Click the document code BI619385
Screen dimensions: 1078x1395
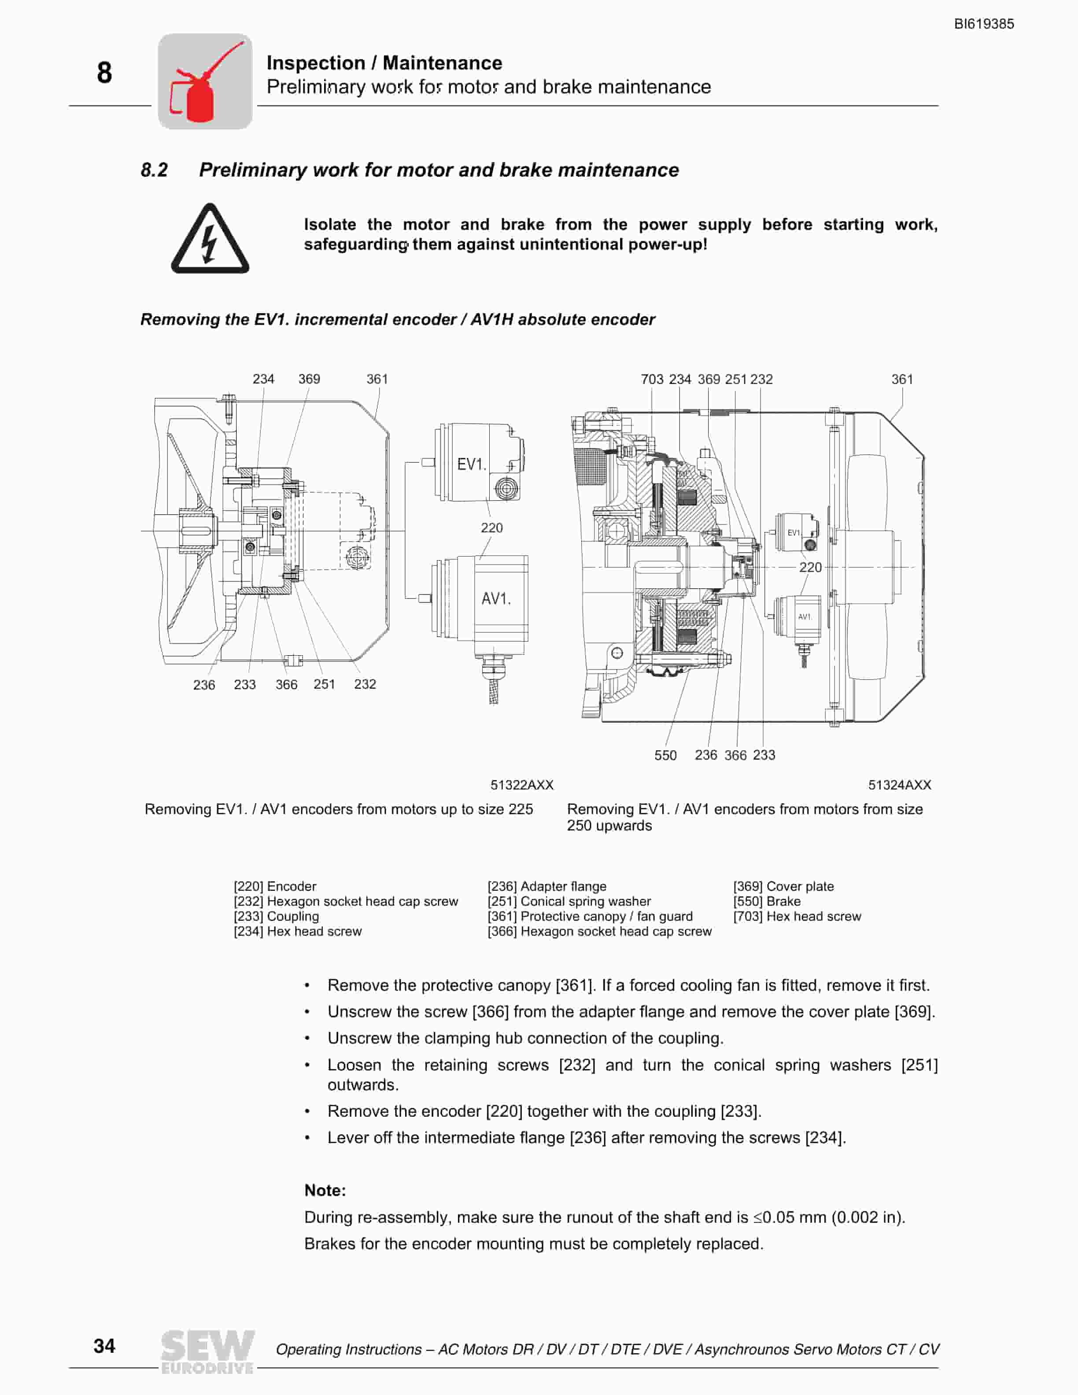point(983,24)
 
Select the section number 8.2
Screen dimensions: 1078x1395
point(154,170)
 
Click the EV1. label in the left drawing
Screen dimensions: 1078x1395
point(471,465)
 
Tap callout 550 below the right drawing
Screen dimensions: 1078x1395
point(665,755)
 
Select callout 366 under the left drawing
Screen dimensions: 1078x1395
point(286,685)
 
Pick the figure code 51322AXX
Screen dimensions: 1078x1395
point(522,785)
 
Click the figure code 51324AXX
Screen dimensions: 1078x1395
point(899,785)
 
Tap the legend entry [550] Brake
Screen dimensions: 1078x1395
point(766,901)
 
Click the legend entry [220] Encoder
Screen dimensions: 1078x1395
point(275,886)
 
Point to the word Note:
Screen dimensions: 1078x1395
point(325,1191)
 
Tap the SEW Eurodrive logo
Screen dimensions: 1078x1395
point(207,1351)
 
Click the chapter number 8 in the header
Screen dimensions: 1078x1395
point(104,73)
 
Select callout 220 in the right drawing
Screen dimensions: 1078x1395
point(810,567)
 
